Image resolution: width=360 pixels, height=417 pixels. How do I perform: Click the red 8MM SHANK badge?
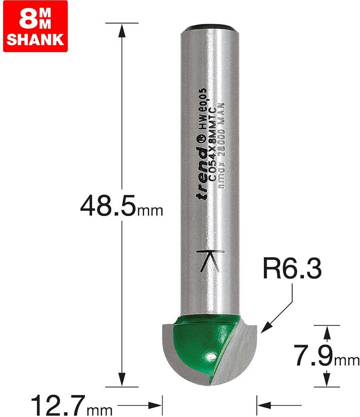pyautogui.click(x=35, y=26)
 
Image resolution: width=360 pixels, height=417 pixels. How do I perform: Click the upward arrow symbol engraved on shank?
pyautogui.click(x=210, y=261)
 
